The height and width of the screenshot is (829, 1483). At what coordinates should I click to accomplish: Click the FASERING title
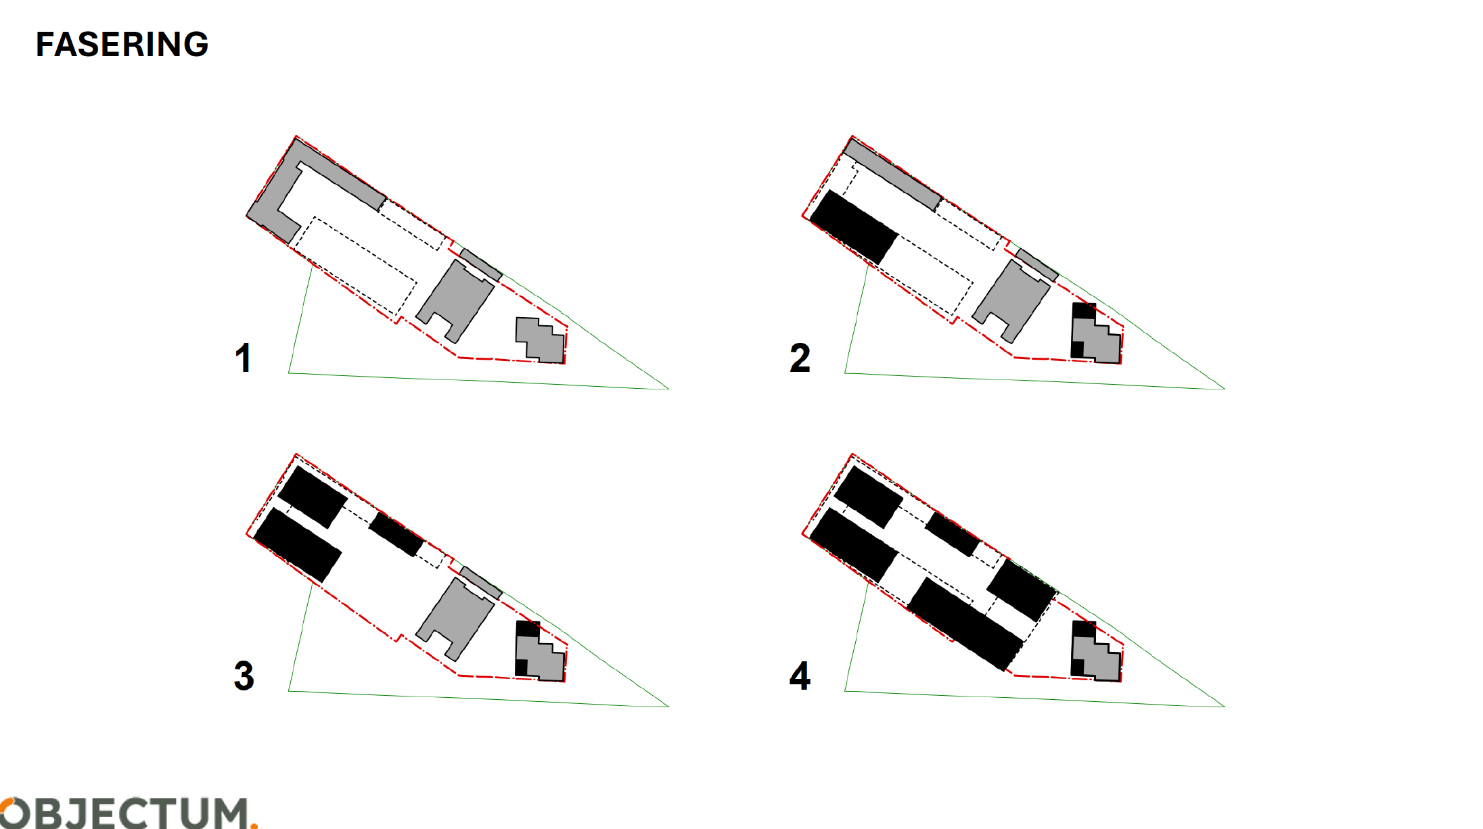click(x=122, y=45)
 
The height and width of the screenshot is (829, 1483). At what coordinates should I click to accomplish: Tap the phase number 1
click(x=244, y=358)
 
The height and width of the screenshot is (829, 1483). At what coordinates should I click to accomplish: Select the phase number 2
click(x=800, y=358)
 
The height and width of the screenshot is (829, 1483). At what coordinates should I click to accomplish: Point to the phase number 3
click(x=244, y=676)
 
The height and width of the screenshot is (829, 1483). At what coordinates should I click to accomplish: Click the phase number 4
click(x=800, y=676)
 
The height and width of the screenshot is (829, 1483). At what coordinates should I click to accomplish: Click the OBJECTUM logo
click(x=129, y=813)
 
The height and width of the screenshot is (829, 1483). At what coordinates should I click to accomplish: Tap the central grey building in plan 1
click(x=455, y=302)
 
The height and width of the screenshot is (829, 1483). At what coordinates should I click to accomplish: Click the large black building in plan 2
click(x=854, y=227)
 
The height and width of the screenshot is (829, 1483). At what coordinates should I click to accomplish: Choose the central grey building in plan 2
click(x=1011, y=302)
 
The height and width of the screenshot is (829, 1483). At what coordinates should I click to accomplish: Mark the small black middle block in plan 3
click(x=396, y=534)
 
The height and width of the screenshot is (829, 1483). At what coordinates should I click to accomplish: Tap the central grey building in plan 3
click(x=455, y=619)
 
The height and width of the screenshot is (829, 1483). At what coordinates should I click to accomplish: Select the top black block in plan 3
click(x=313, y=497)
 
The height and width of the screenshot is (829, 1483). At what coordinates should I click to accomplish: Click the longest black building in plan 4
click(x=965, y=624)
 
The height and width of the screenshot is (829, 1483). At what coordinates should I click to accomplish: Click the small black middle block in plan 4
click(x=953, y=534)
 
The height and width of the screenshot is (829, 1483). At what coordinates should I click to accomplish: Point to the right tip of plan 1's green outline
click(x=668, y=389)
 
